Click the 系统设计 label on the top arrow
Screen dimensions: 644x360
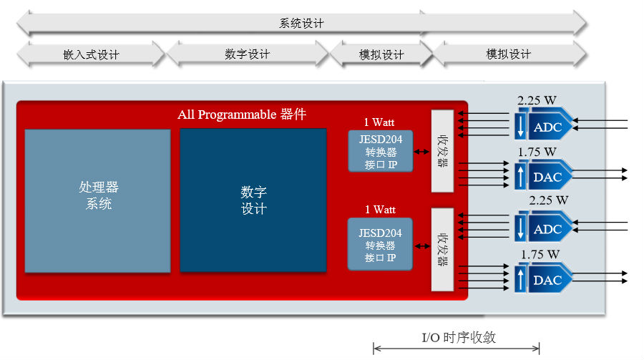pyautogui.click(x=301, y=24)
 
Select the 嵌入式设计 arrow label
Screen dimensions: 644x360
pyautogui.click(x=91, y=54)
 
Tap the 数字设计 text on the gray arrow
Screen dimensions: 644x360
pyautogui.click(x=248, y=54)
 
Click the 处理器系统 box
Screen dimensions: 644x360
pyautogui.click(x=98, y=201)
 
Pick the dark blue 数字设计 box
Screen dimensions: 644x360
pyautogui.click(x=253, y=200)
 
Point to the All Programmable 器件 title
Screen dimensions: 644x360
pyautogui.click(x=242, y=115)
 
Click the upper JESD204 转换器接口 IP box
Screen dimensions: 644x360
pyautogui.click(x=381, y=151)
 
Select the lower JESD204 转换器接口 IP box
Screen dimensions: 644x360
pyautogui.click(x=380, y=244)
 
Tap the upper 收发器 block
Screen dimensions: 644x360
pyautogui.click(x=442, y=151)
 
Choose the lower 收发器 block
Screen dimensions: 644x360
pyautogui.click(x=442, y=250)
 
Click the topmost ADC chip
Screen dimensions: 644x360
pyautogui.click(x=543, y=124)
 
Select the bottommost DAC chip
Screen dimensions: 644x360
pyautogui.click(x=543, y=278)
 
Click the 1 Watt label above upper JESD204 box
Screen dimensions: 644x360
pyautogui.click(x=379, y=122)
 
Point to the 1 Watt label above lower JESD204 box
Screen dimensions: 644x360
pyautogui.click(x=381, y=210)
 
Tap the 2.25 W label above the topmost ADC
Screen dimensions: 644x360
pyautogui.click(x=537, y=100)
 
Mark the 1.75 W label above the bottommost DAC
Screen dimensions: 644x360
pyautogui.click(x=540, y=254)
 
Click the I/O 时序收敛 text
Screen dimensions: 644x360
pyautogui.click(x=459, y=337)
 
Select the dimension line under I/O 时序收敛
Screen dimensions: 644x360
pyautogui.click(x=457, y=349)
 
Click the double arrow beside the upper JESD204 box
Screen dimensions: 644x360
pyautogui.click(x=421, y=152)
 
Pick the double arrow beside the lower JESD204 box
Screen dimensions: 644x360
pyautogui.click(x=422, y=246)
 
